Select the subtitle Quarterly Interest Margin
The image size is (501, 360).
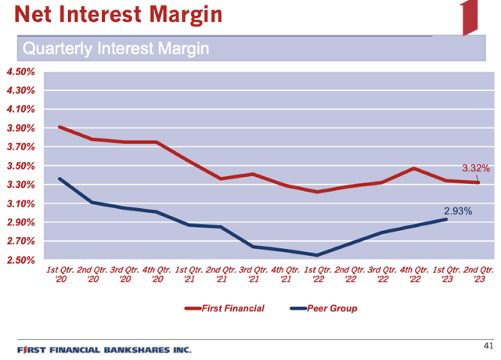click(x=116, y=49)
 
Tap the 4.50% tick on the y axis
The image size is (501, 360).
click(x=20, y=72)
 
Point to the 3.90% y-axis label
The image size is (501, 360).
click(x=20, y=128)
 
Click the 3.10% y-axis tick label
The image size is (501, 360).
click(x=20, y=203)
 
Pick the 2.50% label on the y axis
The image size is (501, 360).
click(x=20, y=260)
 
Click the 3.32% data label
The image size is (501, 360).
click(x=475, y=168)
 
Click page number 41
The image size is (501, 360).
click(x=488, y=345)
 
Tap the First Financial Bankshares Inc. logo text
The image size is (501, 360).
click(x=104, y=349)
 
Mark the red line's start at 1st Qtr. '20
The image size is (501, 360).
click(x=60, y=127)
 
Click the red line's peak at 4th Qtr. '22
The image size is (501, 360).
click(x=413, y=168)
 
